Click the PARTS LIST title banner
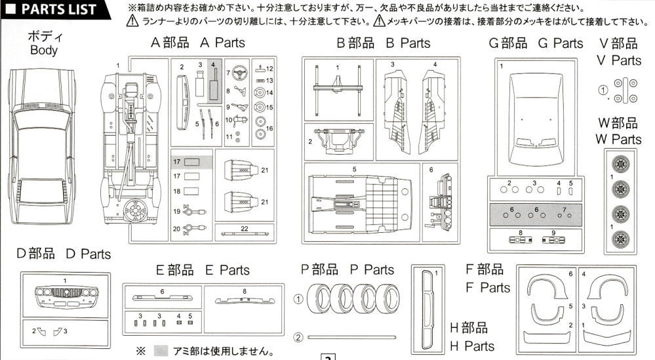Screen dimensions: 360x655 pyautogui.click(x=49, y=9)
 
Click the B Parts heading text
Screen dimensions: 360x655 pyautogui.click(x=384, y=43)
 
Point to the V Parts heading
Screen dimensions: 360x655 pyautogui.click(x=620, y=52)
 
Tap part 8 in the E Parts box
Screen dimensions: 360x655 pyautogui.click(x=244, y=299)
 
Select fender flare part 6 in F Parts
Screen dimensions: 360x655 pyautogui.click(x=549, y=289)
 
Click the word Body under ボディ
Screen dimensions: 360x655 pyautogui.click(x=44, y=50)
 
